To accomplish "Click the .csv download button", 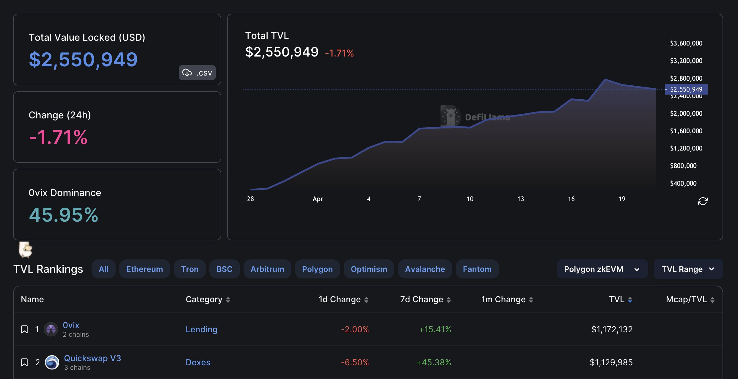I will point(197,73).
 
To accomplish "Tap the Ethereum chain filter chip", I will point(145,269).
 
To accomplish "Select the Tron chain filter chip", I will point(190,269).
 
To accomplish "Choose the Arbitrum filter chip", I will point(267,269).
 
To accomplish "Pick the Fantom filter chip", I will point(477,269).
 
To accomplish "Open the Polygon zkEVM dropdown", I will point(602,269).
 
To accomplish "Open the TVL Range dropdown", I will point(688,269).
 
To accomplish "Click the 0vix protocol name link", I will point(71,325).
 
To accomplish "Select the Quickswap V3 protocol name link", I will point(92,358).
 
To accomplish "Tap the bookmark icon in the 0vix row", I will point(24,329).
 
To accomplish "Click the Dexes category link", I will point(198,362).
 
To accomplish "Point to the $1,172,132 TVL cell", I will point(612,329).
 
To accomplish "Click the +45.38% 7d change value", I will point(434,362).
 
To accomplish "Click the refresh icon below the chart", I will point(703,201).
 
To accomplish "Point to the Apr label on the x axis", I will point(318,199).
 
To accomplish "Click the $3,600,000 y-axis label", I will point(686,43).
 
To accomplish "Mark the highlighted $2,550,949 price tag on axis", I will point(686,89).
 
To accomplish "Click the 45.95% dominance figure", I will point(64,215).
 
